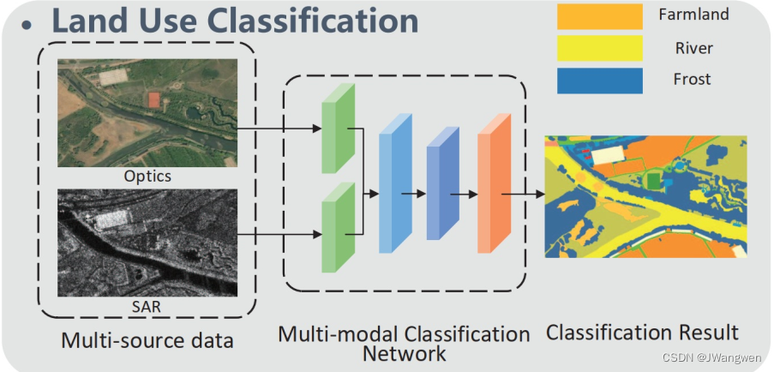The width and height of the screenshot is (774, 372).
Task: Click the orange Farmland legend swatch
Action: (599, 16)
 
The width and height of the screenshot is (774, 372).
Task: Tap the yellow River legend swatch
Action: (599, 48)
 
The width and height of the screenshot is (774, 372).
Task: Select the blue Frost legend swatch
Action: (599, 81)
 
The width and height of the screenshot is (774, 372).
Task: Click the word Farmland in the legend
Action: (693, 15)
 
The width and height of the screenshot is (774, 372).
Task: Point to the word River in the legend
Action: (693, 47)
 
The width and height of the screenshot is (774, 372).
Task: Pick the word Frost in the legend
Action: (692, 80)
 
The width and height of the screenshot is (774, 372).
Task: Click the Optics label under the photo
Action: (147, 177)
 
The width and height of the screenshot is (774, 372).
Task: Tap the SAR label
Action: (147, 304)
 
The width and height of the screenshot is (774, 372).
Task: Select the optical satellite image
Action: (147, 112)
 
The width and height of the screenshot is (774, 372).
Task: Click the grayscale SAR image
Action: (147, 243)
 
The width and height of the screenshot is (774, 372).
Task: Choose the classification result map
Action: (645, 196)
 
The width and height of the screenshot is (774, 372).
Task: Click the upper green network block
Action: (337, 136)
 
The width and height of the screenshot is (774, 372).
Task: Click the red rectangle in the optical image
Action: (153, 99)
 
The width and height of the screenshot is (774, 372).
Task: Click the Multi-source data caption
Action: (147, 340)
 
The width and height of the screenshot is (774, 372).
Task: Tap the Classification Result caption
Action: (642, 332)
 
